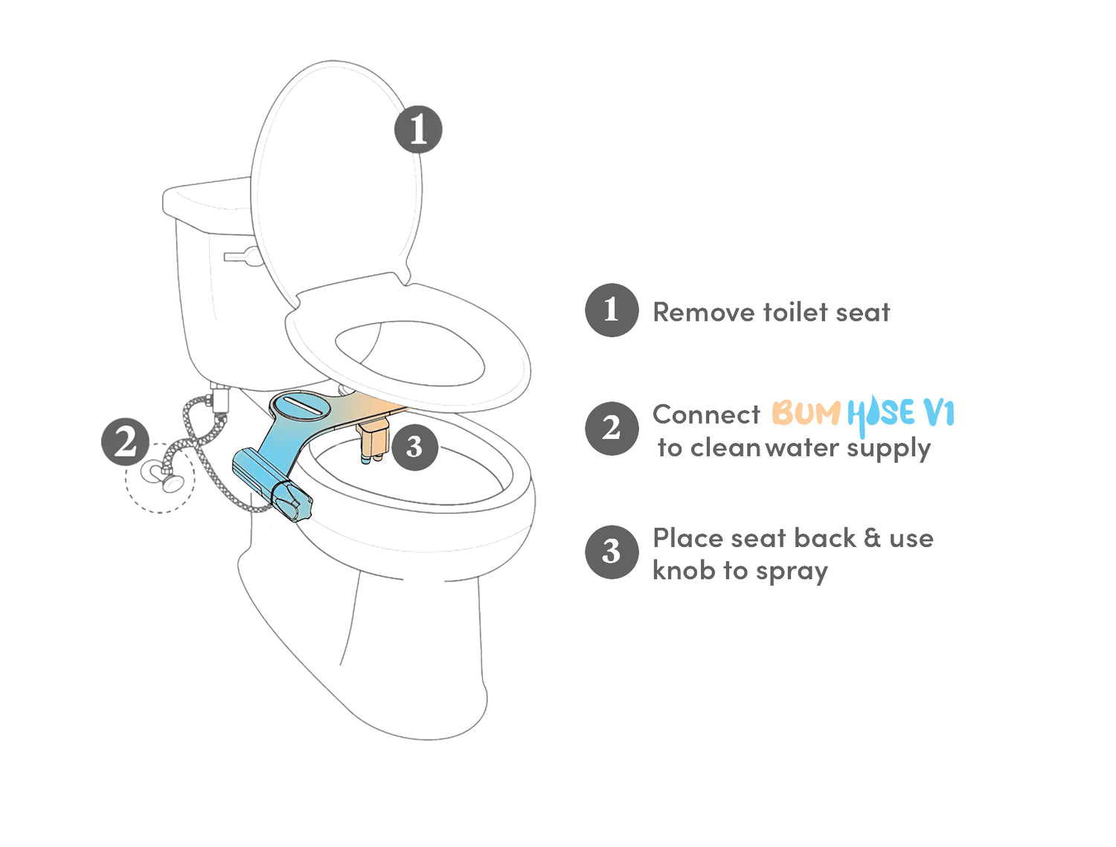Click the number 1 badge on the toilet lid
coord(418,130)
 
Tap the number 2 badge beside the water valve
coord(125,442)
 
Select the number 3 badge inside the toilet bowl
coord(414,447)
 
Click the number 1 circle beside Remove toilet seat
coord(612,310)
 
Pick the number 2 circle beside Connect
coord(612,428)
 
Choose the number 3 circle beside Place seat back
coord(612,552)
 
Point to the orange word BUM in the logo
coord(806,412)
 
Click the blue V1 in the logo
coord(939,412)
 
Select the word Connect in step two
coord(706,415)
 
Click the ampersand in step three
coord(872,538)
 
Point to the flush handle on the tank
coord(243,256)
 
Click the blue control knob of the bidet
coord(292,502)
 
